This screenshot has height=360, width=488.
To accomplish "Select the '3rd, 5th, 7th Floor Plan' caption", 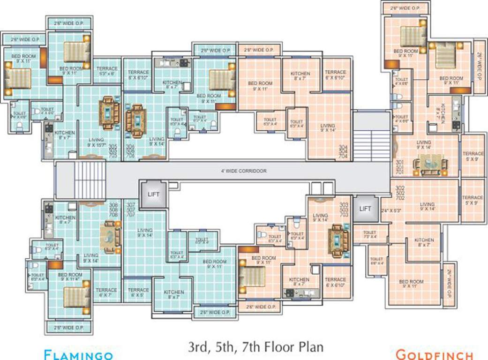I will (256, 347).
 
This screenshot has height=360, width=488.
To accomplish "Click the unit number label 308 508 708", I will (113, 210).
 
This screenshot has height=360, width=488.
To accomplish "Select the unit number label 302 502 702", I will (400, 192).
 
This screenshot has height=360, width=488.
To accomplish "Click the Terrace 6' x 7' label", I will (107, 293).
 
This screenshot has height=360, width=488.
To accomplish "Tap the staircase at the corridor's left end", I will (90, 180).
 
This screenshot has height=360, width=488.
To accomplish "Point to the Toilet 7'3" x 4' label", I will (369, 234).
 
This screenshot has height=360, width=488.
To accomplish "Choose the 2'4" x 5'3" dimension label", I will (390, 210).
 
